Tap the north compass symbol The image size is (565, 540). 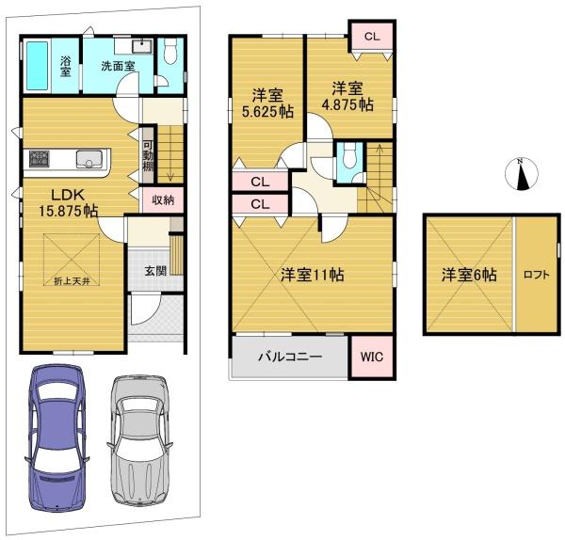521,173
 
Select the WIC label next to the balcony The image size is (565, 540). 372,357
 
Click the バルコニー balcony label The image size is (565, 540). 290,357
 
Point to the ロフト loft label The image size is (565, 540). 537,275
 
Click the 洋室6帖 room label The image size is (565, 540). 469,275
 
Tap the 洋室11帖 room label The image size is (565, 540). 312,275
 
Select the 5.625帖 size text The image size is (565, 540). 267,112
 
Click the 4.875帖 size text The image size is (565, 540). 347,104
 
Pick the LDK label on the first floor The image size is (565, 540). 68,195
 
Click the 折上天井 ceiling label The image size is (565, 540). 73,281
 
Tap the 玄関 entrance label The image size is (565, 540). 155,271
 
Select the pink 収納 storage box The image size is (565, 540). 163,199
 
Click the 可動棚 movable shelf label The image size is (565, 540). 148,156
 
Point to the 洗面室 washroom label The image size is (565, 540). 118,66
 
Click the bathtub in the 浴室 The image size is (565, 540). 37,66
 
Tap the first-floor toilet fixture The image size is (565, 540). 170,51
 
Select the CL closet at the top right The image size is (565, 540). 372,36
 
